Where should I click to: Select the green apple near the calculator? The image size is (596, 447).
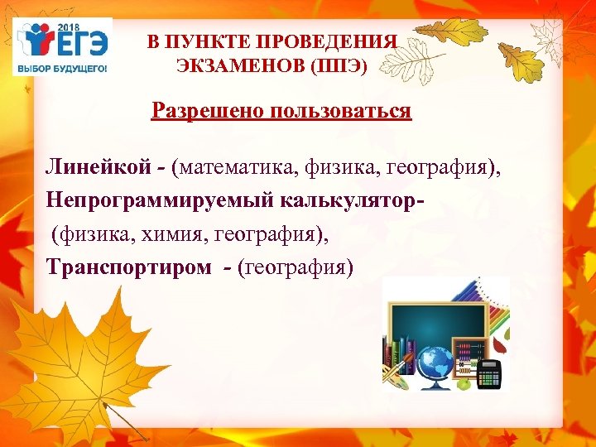(464, 383)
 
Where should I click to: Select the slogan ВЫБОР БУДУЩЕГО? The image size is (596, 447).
(63, 68)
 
